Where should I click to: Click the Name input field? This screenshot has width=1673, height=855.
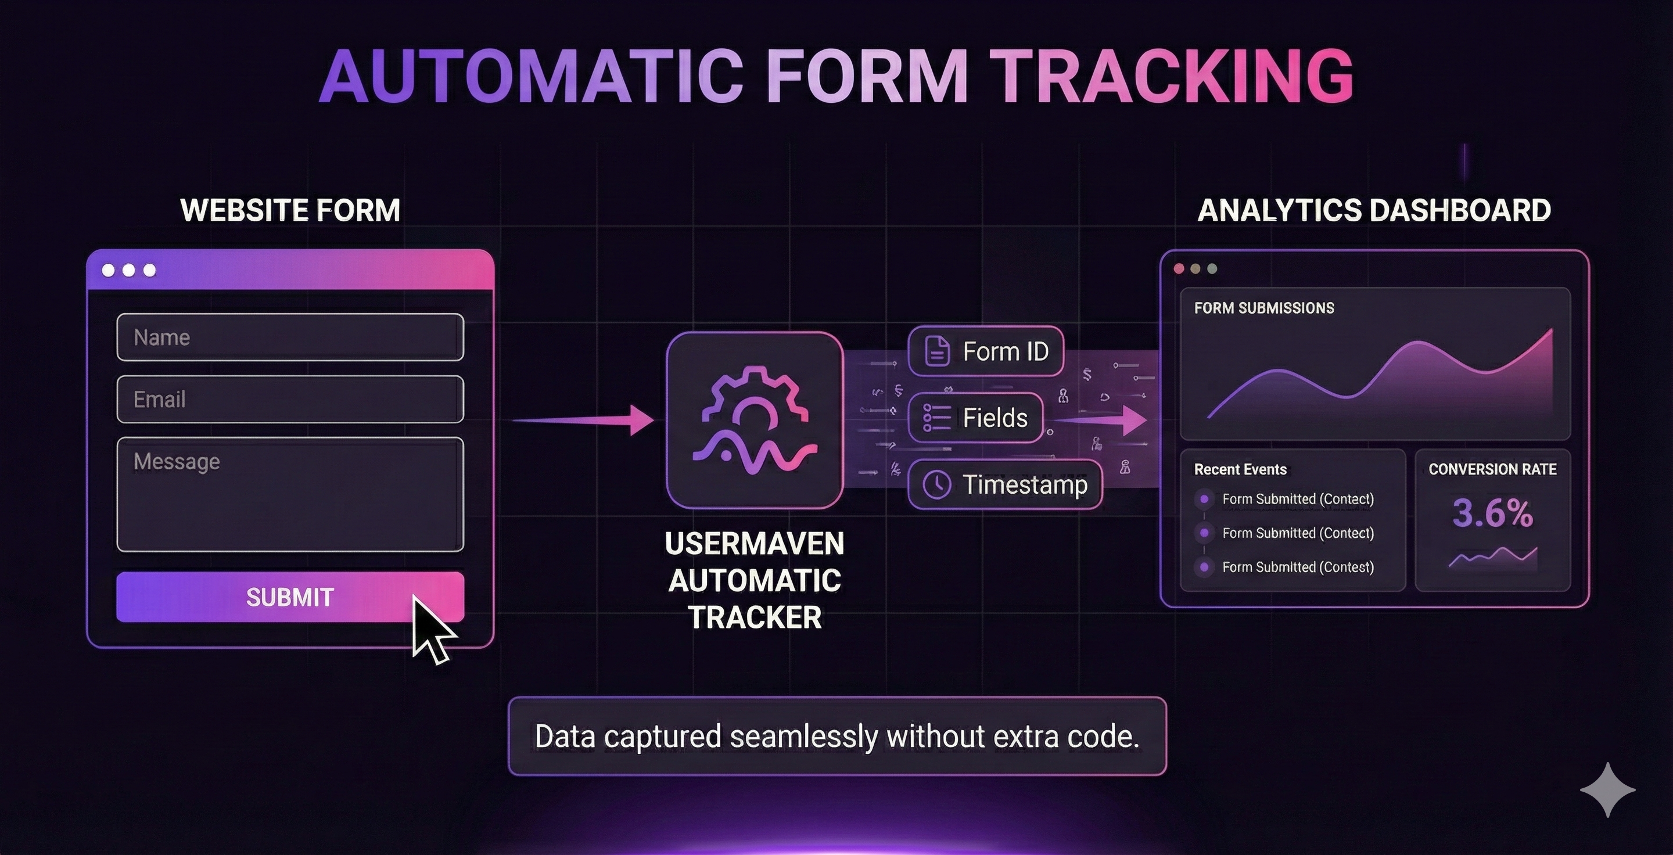point(290,337)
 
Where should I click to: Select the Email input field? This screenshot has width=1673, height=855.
point(290,399)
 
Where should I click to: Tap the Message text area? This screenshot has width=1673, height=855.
point(290,494)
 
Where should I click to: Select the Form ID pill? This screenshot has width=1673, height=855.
point(985,351)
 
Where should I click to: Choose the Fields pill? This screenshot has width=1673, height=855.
point(975,418)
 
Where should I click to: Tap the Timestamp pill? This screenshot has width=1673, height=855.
point(1005,485)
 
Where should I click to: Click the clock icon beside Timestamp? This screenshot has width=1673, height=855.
point(936,485)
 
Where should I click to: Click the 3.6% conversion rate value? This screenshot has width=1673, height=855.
point(1492,513)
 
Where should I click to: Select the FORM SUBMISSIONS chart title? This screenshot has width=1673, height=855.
point(1264,308)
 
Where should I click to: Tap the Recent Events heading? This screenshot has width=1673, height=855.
point(1240,469)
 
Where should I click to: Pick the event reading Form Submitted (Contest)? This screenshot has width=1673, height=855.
point(1297,567)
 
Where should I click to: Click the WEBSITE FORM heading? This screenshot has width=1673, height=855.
point(290,210)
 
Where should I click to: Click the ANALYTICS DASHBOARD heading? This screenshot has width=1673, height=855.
point(1374,210)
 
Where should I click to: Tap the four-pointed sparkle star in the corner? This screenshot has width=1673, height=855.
point(1607,789)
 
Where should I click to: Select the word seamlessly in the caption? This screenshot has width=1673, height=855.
point(804,736)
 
